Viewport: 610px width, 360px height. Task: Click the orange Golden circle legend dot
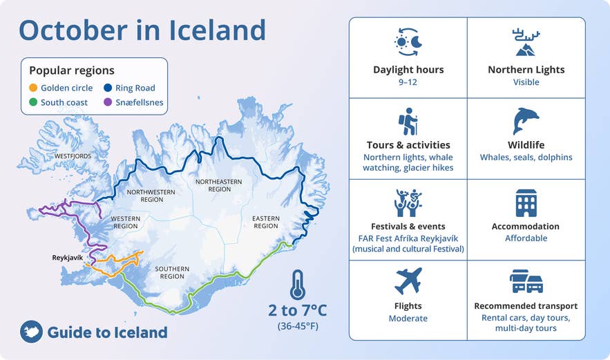tap(32, 88)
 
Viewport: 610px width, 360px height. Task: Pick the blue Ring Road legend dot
tap(108, 88)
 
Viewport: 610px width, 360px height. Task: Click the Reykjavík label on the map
tap(68, 258)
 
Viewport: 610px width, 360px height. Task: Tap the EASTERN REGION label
tap(265, 222)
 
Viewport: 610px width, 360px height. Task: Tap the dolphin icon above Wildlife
tap(526, 121)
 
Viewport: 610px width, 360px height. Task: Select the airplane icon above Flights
tap(408, 281)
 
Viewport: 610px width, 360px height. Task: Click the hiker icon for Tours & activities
tap(408, 121)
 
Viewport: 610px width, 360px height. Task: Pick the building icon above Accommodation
tap(526, 202)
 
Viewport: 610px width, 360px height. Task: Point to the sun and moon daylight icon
tap(408, 42)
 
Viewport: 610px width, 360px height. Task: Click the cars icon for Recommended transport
tap(526, 281)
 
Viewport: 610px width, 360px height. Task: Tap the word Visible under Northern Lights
tap(526, 82)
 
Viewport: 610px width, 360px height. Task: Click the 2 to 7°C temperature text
tap(297, 310)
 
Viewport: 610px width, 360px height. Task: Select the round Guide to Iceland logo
tap(31, 332)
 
